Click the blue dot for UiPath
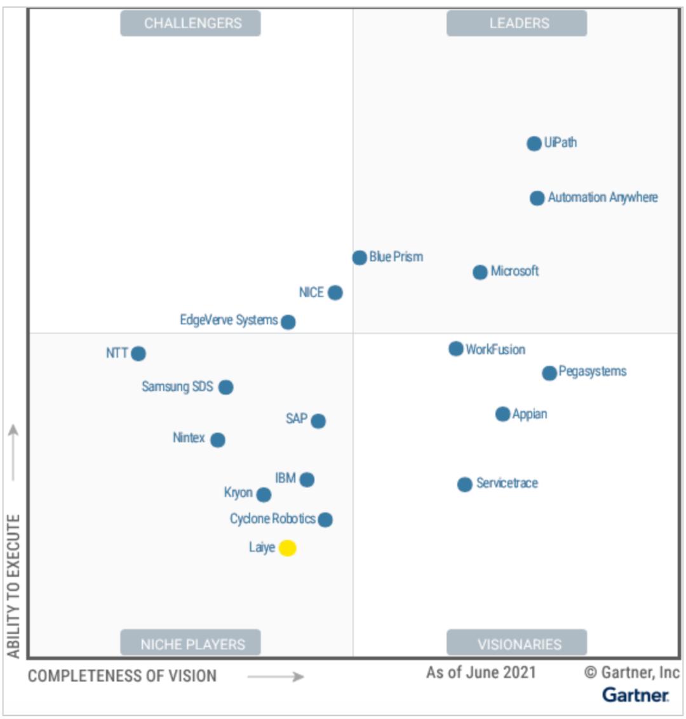(x=534, y=143)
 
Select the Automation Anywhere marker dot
(x=537, y=198)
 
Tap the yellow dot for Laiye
(x=288, y=548)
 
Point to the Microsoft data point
(x=480, y=272)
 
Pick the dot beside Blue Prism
(x=360, y=258)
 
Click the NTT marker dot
(x=138, y=353)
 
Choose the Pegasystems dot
(x=549, y=373)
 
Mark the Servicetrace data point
(x=465, y=484)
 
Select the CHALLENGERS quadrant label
(x=191, y=23)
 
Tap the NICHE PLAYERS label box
(x=191, y=643)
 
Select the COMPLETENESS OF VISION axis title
(x=122, y=676)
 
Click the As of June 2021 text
(x=481, y=673)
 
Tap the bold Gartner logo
(x=635, y=695)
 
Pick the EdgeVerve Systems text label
(x=229, y=320)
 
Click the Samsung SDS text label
(x=177, y=386)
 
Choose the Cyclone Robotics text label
(x=272, y=519)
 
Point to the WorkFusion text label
(x=495, y=350)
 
